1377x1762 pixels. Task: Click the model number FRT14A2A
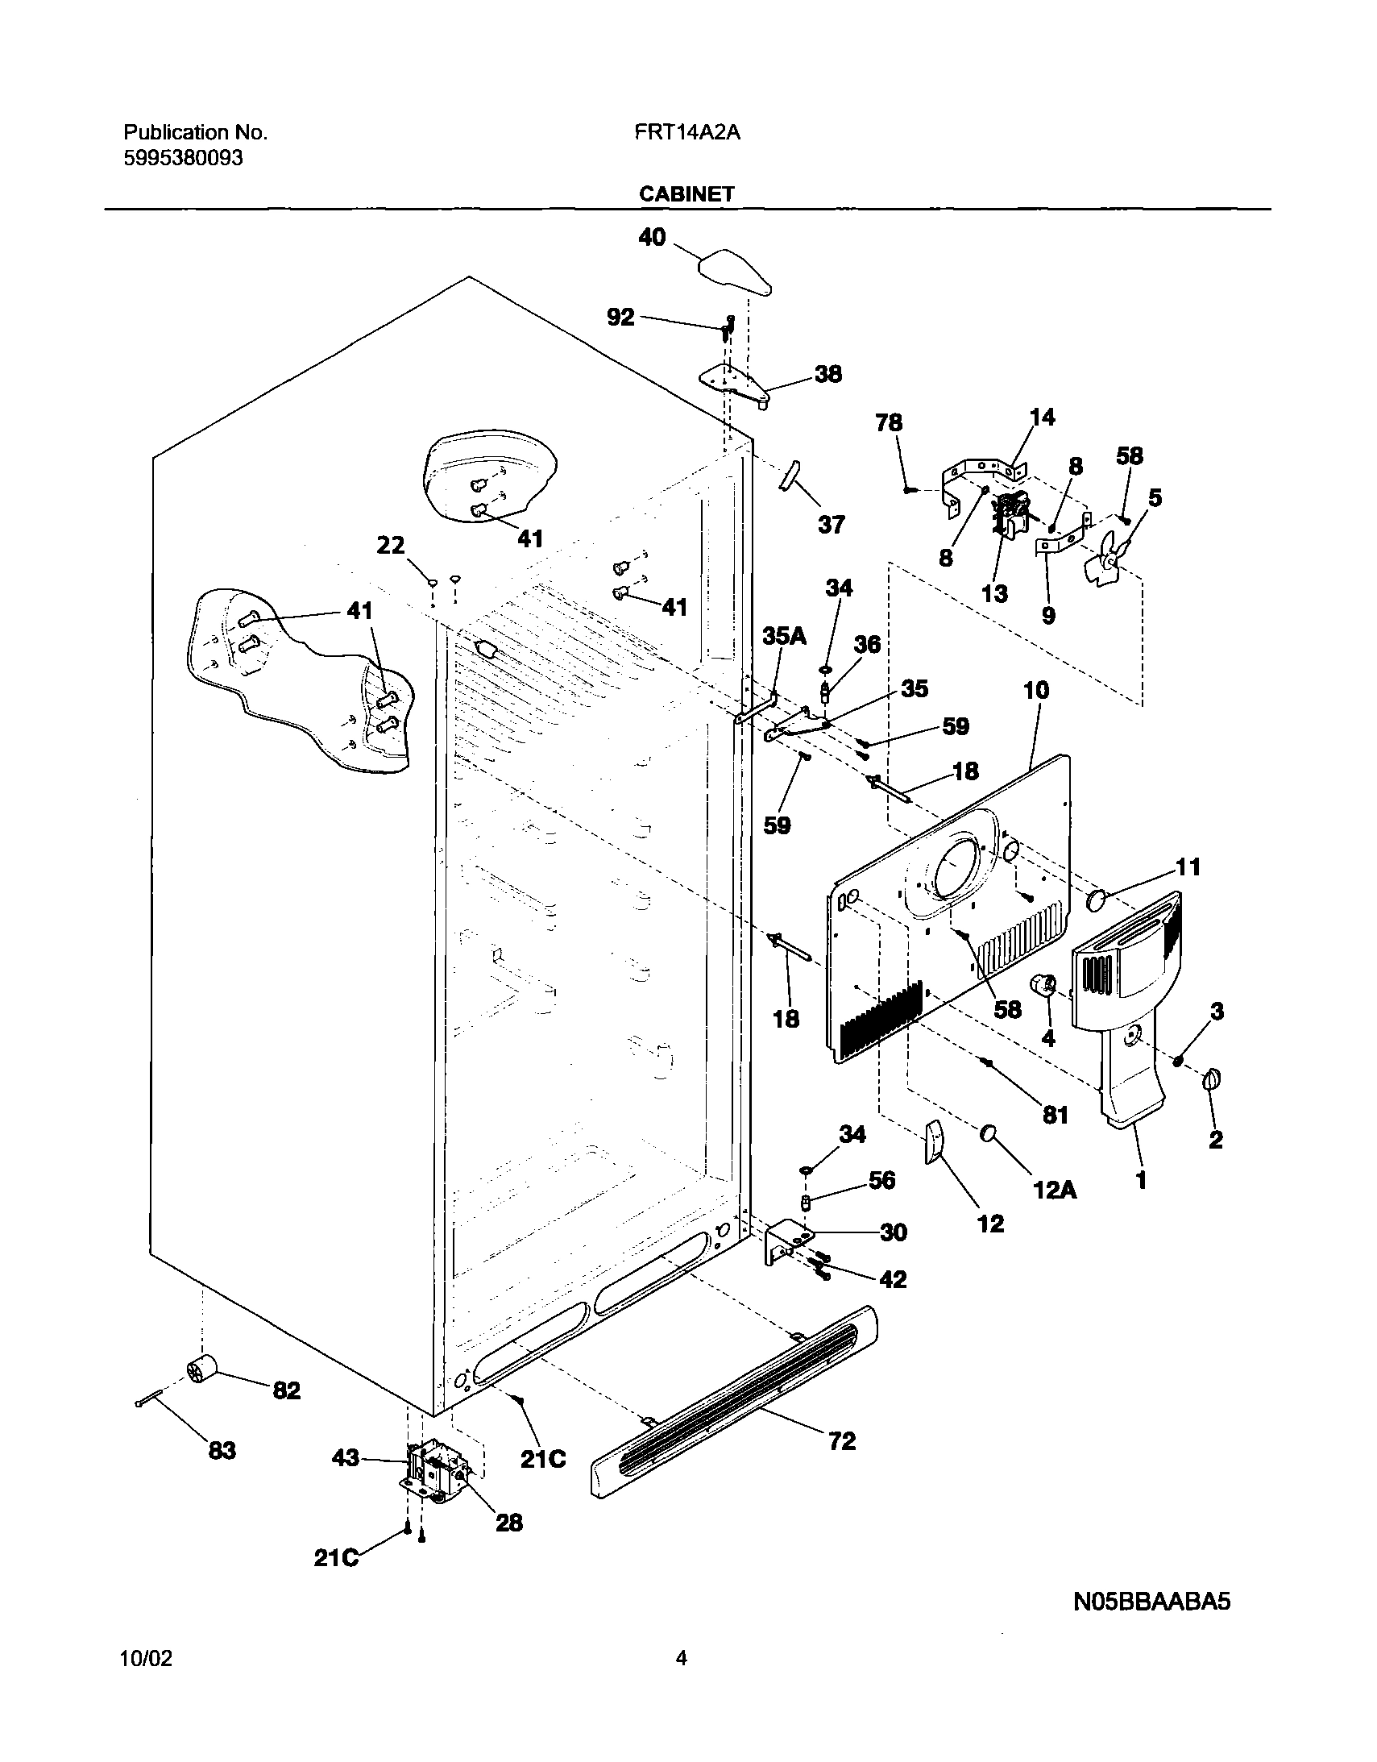tap(686, 132)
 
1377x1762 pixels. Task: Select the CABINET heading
tap(686, 193)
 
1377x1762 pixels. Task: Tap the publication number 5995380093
tap(182, 158)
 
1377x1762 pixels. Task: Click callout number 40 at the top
tap(652, 237)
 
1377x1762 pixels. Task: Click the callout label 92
tap(620, 318)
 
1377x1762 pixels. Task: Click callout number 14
tap(1043, 417)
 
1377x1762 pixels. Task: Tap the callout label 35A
tap(784, 637)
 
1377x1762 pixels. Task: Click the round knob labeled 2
tap(1213, 1080)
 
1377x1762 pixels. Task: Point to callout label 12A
tap(1056, 1190)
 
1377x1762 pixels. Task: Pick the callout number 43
tap(346, 1458)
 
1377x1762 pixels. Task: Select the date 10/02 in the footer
tap(146, 1658)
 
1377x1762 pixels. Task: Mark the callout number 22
tap(391, 546)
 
